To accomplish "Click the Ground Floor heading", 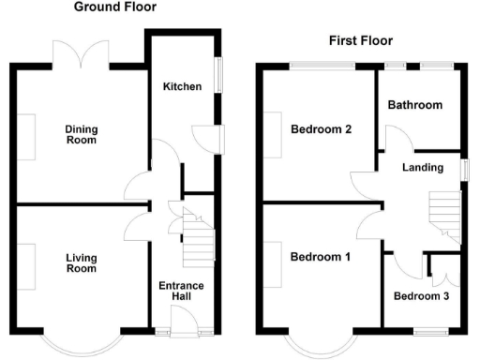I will click(114, 7).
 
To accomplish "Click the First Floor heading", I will click(360, 40).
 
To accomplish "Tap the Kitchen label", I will click(182, 86).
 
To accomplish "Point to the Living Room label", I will click(82, 262).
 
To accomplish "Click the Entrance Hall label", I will click(182, 292).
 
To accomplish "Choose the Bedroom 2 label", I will click(321, 129).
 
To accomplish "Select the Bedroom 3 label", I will click(421, 297).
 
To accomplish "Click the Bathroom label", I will click(415, 105).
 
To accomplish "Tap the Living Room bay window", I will click(83, 342).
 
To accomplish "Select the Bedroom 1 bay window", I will click(320, 343).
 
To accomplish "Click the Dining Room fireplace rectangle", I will click(28, 135).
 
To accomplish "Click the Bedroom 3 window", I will click(433, 331).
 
